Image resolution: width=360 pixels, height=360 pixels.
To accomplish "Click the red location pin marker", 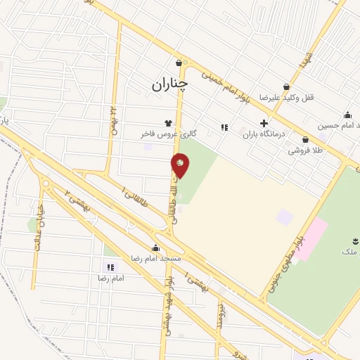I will pyautogui.click(x=181, y=165).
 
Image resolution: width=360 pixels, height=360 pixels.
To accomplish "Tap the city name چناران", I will pyautogui.click(x=169, y=84).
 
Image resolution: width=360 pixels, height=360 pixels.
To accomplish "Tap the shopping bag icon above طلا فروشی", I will pyautogui.click(x=305, y=139).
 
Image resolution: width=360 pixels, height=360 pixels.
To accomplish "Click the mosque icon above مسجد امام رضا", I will pyautogui.click(x=155, y=248).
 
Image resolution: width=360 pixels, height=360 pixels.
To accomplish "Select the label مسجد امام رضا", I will pyautogui.click(x=156, y=259).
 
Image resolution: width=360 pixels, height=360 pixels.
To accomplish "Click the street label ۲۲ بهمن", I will pyautogui.click(x=112, y=120).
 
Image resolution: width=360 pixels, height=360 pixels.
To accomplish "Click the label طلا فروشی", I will pyautogui.click(x=304, y=150).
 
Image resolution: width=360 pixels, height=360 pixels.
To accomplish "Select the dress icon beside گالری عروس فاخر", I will pyautogui.click(x=168, y=122).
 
